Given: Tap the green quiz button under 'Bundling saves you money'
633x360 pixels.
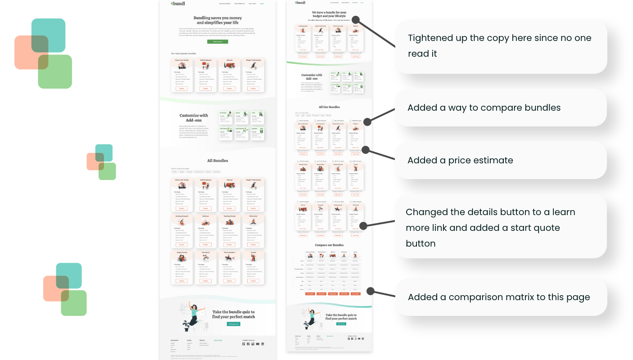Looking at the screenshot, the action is coord(217,41).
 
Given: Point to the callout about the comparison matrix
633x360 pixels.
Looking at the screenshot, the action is coord(499,297).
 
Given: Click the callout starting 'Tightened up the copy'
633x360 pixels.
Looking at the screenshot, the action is coord(499,46).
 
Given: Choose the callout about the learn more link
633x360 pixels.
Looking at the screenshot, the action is coord(490,227).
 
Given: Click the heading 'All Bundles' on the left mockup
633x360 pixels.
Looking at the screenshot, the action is coord(217,161).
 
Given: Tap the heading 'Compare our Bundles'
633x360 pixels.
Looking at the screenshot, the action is coord(329,245).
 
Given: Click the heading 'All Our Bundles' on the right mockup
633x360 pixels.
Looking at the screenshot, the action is coord(329,107).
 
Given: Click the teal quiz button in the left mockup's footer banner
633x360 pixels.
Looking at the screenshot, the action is coord(233,324).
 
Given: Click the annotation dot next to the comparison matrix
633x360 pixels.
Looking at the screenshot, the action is coord(371,291).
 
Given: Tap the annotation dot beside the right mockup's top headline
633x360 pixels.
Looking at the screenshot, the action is coord(356,19).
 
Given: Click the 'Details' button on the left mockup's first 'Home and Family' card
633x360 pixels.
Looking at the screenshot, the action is coord(182,88).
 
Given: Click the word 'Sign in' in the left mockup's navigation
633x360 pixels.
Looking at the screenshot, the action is coord(262,4).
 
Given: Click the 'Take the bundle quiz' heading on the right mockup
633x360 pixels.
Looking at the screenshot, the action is coord(341,317).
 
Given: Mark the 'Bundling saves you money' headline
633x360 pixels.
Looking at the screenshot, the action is coord(217,20).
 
